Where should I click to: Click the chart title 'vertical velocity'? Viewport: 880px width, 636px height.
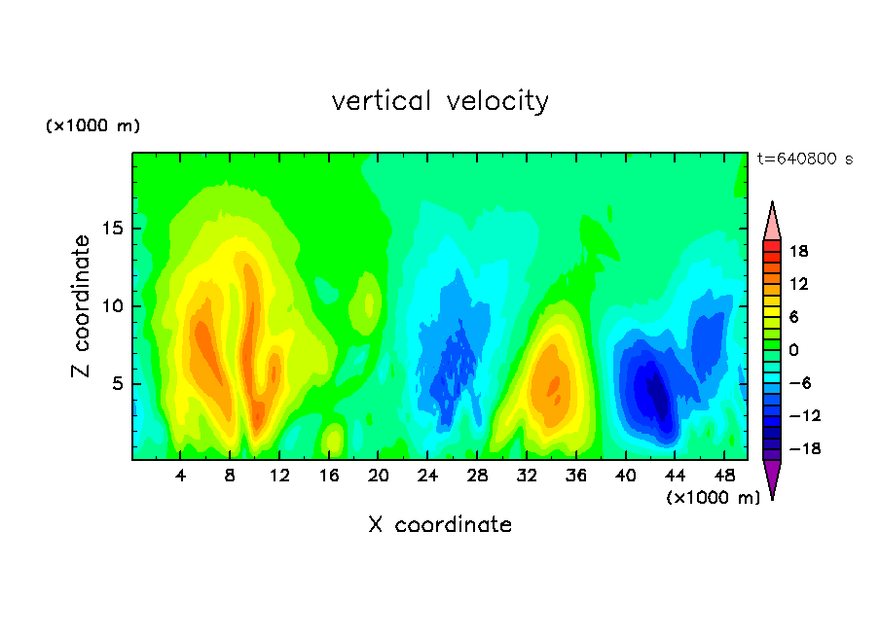point(440,101)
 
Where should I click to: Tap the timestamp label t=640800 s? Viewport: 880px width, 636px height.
point(805,159)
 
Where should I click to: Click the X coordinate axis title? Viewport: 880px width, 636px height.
point(440,524)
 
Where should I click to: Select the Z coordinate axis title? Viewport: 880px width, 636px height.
point(80,305)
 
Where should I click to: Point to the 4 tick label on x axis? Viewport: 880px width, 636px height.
point(180,476)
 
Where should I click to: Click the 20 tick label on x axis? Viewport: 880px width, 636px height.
point(378,476)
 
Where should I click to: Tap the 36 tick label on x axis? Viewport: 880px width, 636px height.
point(576,476)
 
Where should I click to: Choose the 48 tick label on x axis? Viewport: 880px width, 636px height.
point(724,476)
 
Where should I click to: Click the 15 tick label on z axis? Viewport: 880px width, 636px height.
point(112,229)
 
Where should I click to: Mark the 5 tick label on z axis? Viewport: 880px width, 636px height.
point(117,383)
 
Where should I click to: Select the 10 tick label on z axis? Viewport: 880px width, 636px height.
point(112,306)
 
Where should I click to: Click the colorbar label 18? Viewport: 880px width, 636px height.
point(798,251)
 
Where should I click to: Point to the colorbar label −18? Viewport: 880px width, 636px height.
point(805,448)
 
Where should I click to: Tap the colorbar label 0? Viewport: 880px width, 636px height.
point(793,350)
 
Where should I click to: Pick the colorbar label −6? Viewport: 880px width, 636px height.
point(800,383)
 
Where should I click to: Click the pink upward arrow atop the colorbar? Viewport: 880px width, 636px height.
point(772,223)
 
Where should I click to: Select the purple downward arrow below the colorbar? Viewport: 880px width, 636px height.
point(772,477)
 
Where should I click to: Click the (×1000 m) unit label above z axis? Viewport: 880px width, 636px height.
point(92,125)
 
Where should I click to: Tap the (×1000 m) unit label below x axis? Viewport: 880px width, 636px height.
point(713,498)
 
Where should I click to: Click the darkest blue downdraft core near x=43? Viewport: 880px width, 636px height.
point(658,394)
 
